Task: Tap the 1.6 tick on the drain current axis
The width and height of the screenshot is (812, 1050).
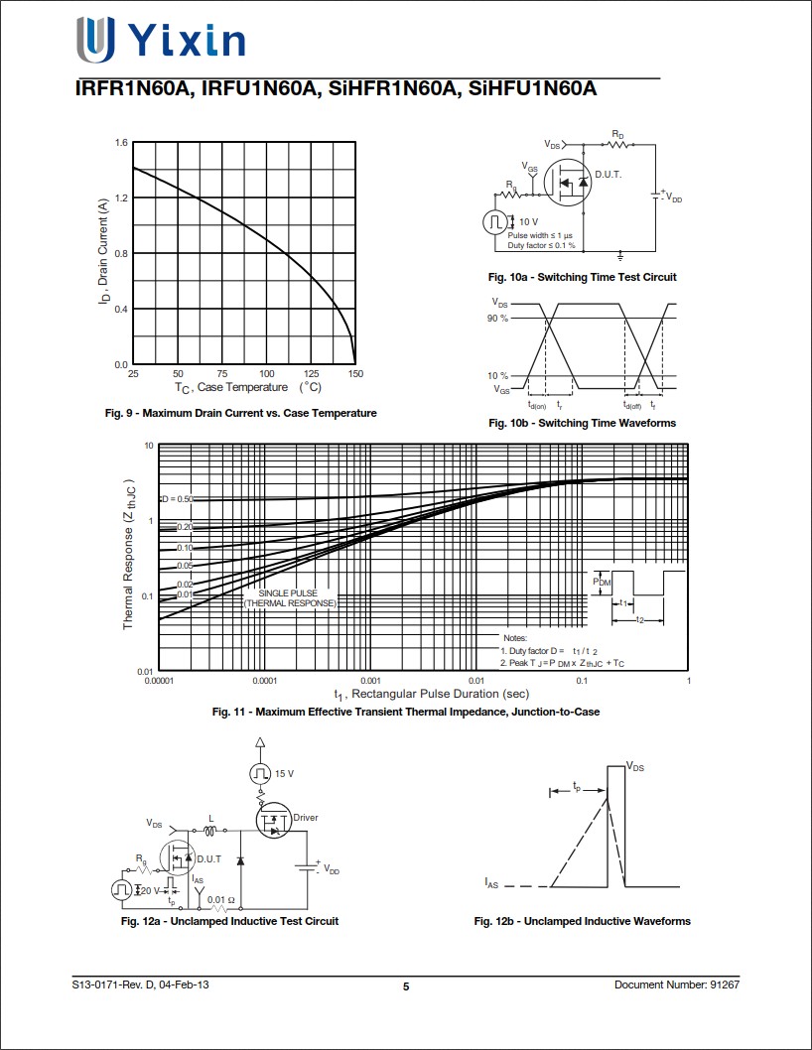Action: [x=121, y=143]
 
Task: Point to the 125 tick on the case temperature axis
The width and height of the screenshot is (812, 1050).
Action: [x=311, y=374]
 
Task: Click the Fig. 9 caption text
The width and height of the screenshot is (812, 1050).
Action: [x=241, y=413]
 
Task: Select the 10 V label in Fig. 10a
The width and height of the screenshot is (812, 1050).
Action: [x=528, y=221]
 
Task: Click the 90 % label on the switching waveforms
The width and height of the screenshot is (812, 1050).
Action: [x=497, y=318]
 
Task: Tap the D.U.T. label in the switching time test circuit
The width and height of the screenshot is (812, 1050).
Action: [x=609, y=174]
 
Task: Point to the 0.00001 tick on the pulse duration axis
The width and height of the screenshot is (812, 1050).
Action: [x=159, y=682]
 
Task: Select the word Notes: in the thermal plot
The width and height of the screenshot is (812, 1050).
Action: [x=515, y=638]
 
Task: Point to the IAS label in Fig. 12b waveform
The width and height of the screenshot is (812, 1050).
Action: [x=492, y=882]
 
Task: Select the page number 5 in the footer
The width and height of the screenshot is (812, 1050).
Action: [x=406, y=986]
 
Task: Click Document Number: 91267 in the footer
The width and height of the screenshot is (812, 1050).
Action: [x=676, y=984]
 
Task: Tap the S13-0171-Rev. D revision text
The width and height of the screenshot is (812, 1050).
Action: [x=140, y=984]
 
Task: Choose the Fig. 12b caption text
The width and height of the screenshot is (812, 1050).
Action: [x=582, y=921]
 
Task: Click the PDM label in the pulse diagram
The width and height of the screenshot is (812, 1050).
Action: [x=602, y=583]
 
